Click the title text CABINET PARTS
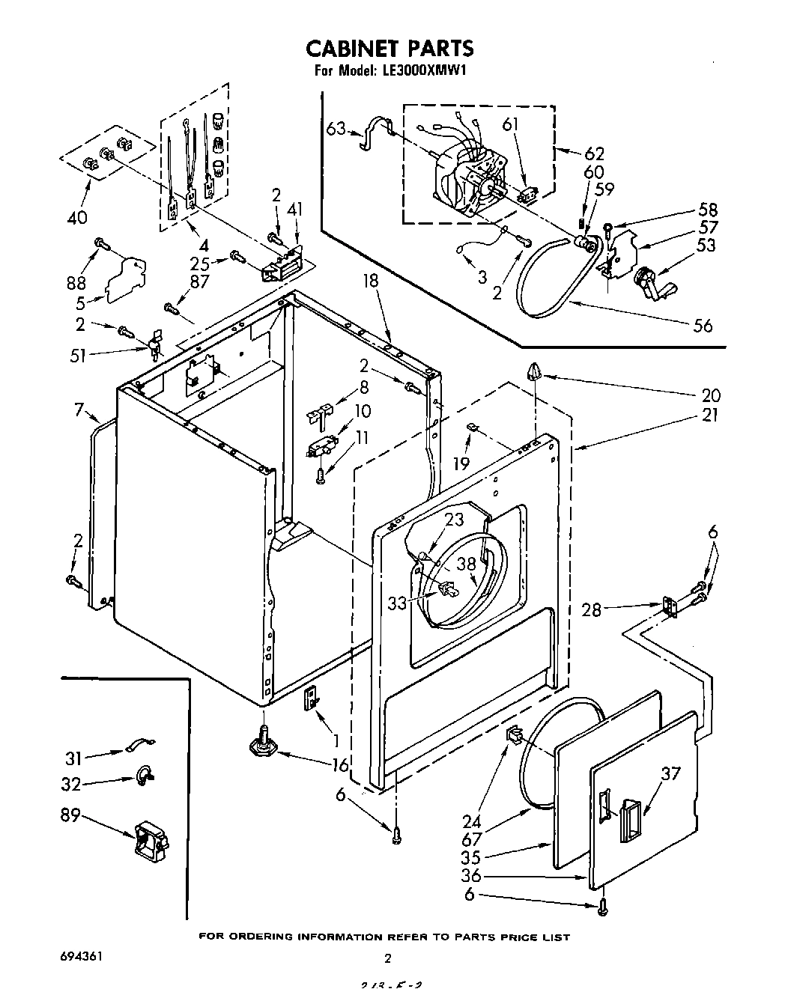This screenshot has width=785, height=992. tap(390, 48)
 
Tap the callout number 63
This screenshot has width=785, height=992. tap(336, 129)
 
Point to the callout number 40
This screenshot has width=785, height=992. tap(77, 218)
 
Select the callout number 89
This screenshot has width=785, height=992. tap(70, 815)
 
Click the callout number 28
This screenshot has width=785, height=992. tap(592, 611)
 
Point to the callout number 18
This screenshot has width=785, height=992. tap(371, 281)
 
